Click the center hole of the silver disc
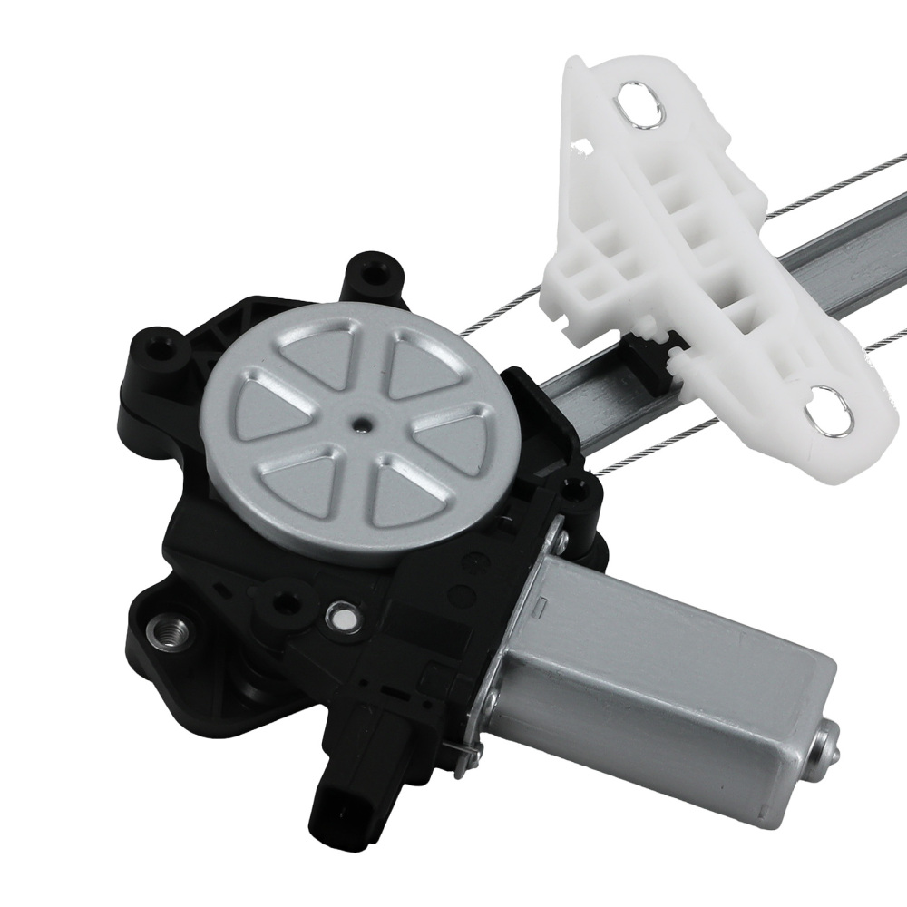click(362, 422)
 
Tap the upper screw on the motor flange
click(563, 541)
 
